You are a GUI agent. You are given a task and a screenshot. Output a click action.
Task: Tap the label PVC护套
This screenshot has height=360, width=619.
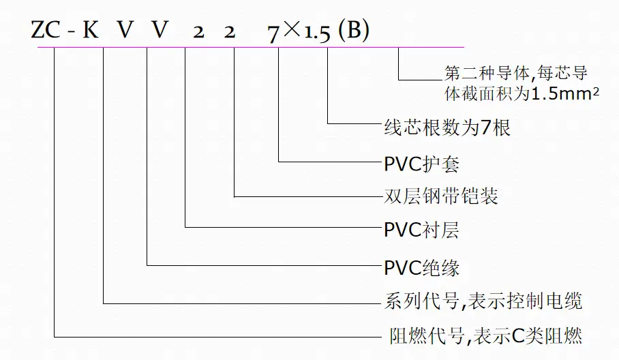[x=421, y=164]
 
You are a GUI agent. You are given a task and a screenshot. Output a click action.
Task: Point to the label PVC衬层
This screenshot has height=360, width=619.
[x=421, y=230]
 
